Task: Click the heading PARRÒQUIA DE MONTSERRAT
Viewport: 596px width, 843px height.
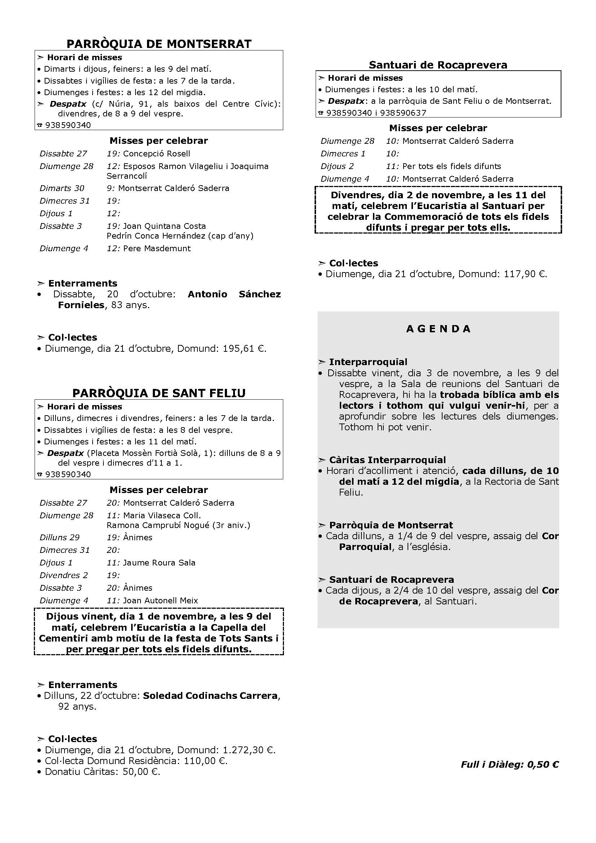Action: click(x=159, y=44)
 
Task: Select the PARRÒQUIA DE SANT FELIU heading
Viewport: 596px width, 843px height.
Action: click(x=159, y=393)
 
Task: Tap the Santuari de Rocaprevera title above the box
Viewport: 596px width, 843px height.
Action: click(x=438, y=65)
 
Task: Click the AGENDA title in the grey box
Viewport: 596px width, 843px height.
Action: click(x=438, y=329)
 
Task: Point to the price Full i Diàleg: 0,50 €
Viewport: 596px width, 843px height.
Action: click(x=510, y=764)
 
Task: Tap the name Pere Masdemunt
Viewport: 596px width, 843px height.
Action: click(x=157, y=249)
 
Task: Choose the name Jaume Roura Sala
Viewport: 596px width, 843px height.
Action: click(x=159, y=563)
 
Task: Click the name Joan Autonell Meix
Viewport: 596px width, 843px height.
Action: click(x=160, y=601)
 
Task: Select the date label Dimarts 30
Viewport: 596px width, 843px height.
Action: click(x=62, y=188)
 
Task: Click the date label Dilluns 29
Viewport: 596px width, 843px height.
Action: click(x=59, y=537)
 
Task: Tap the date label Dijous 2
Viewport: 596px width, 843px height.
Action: click(x=337, y=166)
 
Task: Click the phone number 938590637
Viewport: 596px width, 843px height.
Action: click(x=403, y=113)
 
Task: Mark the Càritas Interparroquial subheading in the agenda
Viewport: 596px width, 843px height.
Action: click(x=387, y=460)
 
